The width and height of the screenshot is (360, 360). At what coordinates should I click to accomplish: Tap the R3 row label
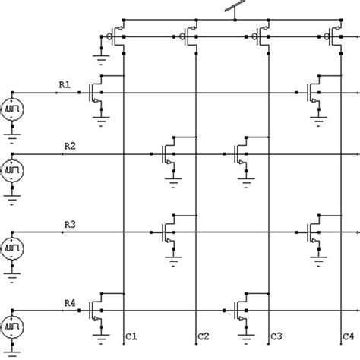coord(69,224)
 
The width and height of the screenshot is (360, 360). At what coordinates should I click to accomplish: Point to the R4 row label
coord(69,303)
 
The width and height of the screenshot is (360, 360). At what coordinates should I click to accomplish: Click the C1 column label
coord(131,335)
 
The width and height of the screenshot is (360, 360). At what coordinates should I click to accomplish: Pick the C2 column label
coord(203,335)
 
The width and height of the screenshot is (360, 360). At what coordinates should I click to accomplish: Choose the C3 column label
coord(276,335)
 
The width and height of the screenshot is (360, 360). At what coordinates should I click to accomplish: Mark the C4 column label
coord(347,335)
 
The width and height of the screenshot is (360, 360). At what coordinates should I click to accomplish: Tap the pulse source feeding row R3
coord(14,248)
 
